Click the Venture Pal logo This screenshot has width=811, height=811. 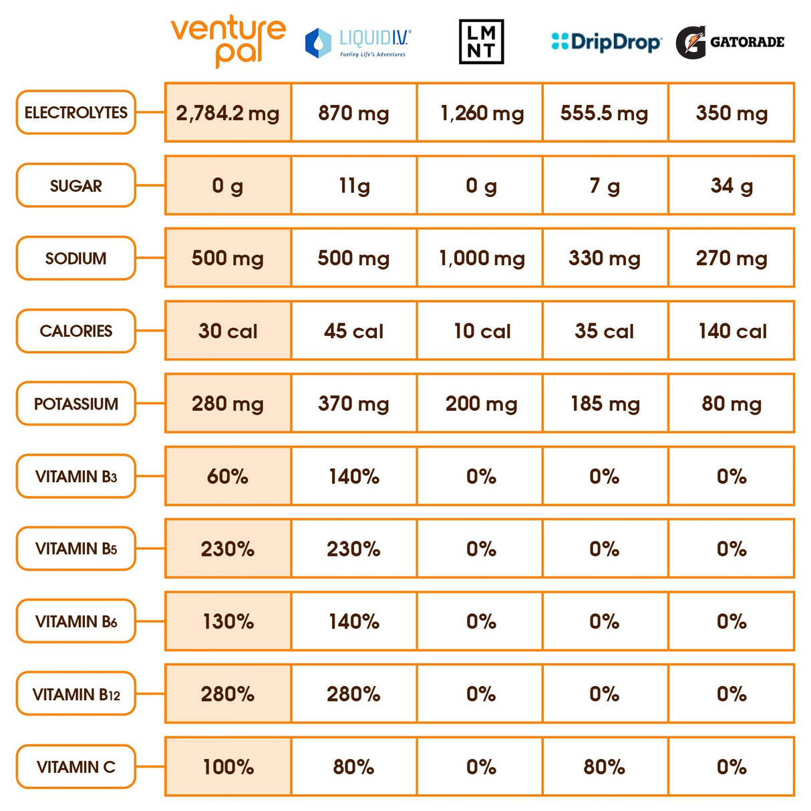(228, 41)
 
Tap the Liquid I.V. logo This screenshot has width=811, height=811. (358, 43)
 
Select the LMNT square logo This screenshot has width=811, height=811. (481, 41)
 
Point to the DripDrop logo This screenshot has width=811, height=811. (606, 42)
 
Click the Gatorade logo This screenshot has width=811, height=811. (729, 42)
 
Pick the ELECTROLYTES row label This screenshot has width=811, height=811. (76, 112)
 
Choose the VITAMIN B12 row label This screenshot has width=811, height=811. (76, 694)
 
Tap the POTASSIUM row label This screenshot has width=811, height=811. (76, 403)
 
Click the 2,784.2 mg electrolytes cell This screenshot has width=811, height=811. (228, 112)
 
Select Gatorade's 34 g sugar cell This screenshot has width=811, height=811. (732, 185)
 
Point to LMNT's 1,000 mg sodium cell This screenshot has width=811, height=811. (481, 258)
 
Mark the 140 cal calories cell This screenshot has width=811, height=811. (732, 331)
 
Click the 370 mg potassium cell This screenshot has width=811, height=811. (353, 403)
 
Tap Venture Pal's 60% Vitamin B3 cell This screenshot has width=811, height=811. (228, 476)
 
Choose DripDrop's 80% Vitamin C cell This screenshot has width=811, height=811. (605, 766)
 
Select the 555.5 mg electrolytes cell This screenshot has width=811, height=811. (605, 112)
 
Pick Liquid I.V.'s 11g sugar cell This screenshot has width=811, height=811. (353, 185)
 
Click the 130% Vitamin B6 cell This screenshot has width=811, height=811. (228, 621)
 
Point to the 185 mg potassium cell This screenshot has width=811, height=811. (605, 403)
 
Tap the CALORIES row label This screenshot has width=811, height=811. (76, 331)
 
